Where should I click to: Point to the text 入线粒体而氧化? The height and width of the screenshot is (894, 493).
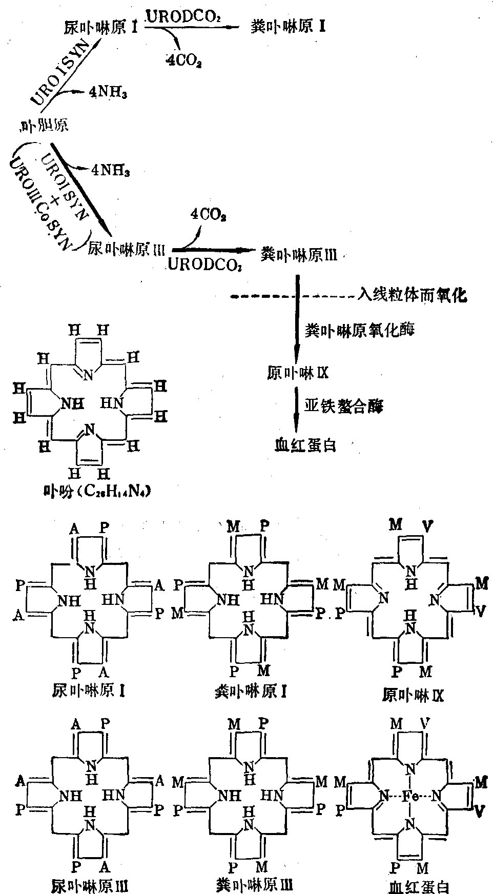tap(413, 296)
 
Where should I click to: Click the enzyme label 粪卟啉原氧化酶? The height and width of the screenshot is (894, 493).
tap(360, 330)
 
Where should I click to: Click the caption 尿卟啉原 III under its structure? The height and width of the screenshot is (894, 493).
tap(90, 886)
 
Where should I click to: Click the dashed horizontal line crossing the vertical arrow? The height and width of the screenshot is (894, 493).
tap(266, 296)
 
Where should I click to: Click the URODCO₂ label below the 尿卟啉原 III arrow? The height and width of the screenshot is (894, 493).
tap(204, 265)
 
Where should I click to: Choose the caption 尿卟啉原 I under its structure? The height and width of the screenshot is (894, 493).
tap(89, 691)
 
